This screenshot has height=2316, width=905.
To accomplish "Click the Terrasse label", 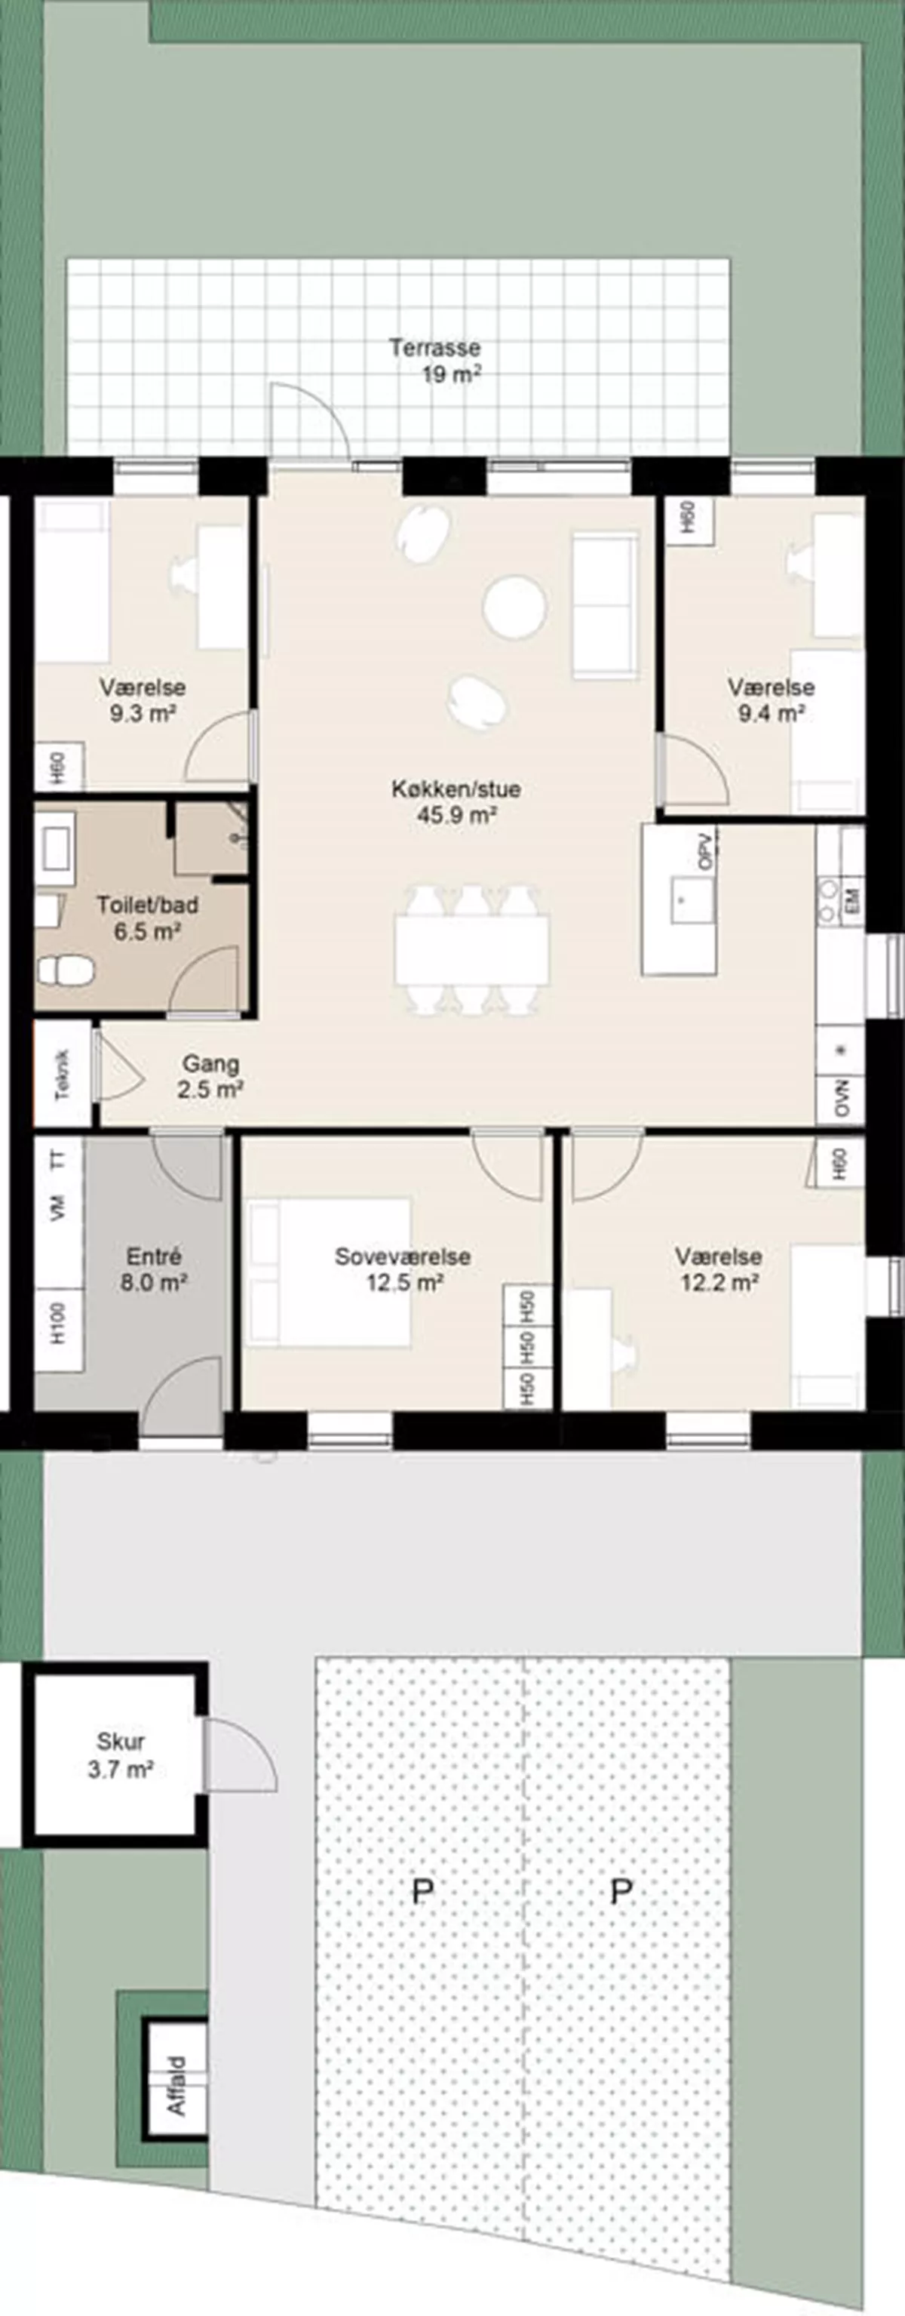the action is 435,347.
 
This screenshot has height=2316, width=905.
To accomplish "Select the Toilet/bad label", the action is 147,905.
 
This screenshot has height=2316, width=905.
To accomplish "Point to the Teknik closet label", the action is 62,1075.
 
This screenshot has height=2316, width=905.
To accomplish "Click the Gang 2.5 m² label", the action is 211,1076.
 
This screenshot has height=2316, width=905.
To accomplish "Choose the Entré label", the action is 154,1256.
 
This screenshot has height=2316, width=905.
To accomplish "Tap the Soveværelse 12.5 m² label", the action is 403,1269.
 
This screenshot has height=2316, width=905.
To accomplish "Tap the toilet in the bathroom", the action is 66,970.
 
